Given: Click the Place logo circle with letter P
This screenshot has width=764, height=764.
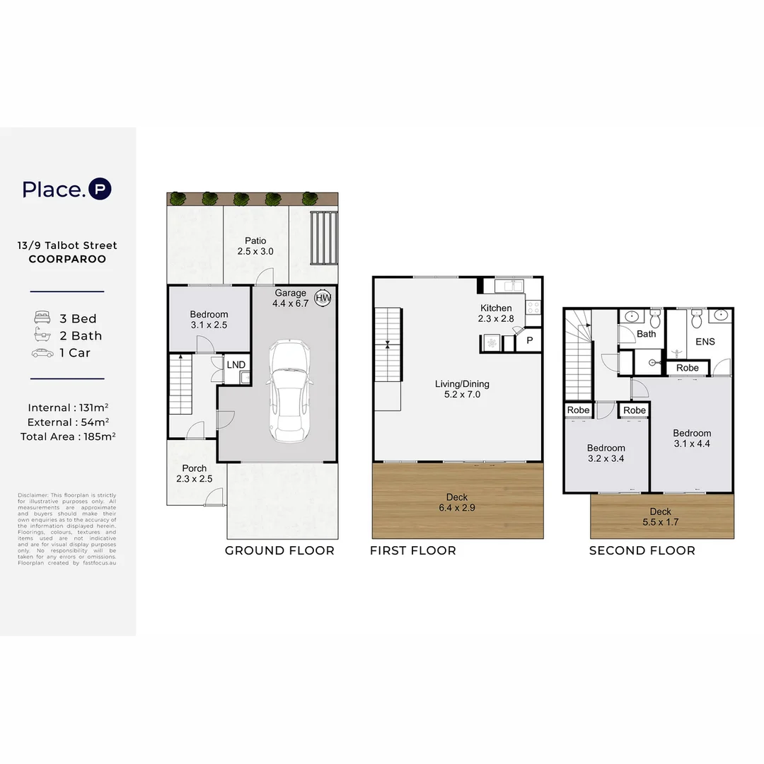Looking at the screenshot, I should point(100,189).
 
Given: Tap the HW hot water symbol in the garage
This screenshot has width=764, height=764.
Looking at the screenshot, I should point(323,299).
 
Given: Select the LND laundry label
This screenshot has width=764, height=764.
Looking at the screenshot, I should point(235,364).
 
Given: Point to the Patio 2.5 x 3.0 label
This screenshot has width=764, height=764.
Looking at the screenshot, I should point(255,246).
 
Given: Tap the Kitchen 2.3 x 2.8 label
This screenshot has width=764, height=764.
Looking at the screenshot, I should point(496,313).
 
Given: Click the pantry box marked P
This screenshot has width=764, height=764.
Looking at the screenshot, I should point(528,342).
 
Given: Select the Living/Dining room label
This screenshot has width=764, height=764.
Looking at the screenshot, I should point(462,389).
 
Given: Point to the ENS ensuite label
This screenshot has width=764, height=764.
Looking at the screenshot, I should point(705,341).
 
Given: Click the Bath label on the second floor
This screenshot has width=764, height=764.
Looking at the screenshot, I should point(646,333).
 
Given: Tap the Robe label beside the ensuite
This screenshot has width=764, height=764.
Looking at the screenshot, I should point(687,368).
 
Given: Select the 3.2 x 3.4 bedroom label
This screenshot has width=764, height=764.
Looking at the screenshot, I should point(606,453).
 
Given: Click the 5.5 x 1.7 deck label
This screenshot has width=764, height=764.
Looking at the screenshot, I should point(661,516).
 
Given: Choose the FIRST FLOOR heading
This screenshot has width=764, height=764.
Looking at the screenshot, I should point(413,550).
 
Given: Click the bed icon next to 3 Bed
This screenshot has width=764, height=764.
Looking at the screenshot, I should point(42,318).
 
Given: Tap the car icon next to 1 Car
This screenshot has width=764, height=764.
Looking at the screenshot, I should point(42,352).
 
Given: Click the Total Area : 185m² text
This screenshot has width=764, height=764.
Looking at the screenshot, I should point(68,436).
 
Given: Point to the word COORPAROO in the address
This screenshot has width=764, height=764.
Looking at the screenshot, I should point(67,259).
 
